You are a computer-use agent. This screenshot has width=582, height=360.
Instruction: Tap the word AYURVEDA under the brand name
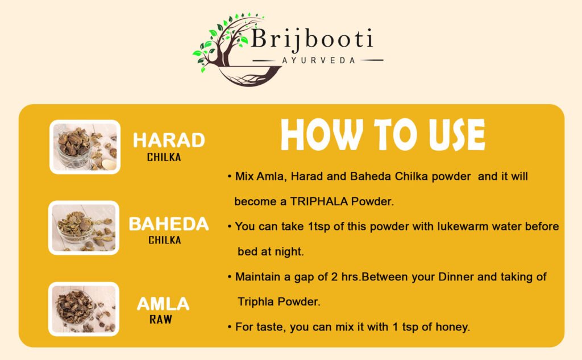[318, 60]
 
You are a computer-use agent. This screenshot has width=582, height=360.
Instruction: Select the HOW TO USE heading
[383, 135]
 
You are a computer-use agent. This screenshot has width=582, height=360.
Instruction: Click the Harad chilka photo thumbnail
[85, 147]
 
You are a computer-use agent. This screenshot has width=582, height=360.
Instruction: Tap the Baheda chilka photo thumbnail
[84, 227]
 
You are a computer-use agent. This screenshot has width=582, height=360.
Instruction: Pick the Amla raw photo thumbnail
[84, 309]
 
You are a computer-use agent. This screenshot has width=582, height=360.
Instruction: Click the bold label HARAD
[168, 140]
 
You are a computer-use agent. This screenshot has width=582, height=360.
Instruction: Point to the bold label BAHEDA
[169, 224]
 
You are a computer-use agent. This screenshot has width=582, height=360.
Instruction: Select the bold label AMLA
[163, 304]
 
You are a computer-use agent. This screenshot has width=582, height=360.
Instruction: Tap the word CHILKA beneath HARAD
[164, 158]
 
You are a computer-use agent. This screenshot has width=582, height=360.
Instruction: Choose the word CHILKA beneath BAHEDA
[165, 240]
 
